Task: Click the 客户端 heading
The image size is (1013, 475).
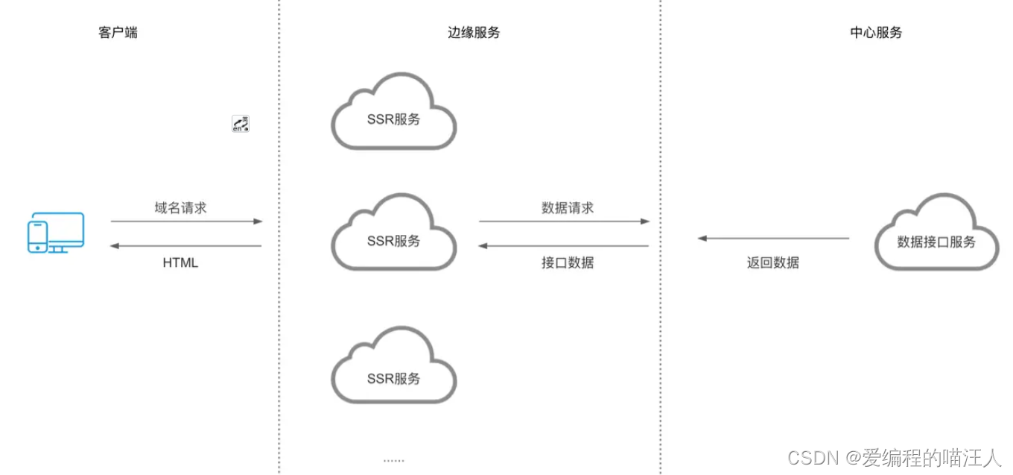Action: pyautogui.click(x=118, y=33)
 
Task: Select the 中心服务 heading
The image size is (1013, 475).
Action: pyautogui.click(x=876, y=33)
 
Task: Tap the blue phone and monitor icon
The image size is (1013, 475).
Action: pyautogui.click(x=56, y=233)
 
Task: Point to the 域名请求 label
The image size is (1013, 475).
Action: pyautogui.click(x=180, y=208)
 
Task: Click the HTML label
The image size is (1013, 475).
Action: pyautogui.click(x=180, y=263)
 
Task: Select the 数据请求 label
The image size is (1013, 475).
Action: pyautogui.click(x=568, y=208)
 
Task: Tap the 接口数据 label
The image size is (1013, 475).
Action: pyautogui.click(x=568, y=262)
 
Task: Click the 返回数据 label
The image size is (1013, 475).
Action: pyautogui.click(x=773, y=262)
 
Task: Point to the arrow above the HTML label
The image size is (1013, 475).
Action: pyautogui.click(x=186, y=245)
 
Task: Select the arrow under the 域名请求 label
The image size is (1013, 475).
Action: pyautogui.click(x=186, y=221)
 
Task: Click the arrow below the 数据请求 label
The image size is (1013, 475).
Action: pyautogui.click(x=564, y=221)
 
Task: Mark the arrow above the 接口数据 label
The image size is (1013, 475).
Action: pyautogui.click(x=564, y=245)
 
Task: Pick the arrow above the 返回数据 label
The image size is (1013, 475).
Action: pyautogui.click(x=773, y=239)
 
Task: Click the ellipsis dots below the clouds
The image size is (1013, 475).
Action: pyautogui.click(x=393, y=461)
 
